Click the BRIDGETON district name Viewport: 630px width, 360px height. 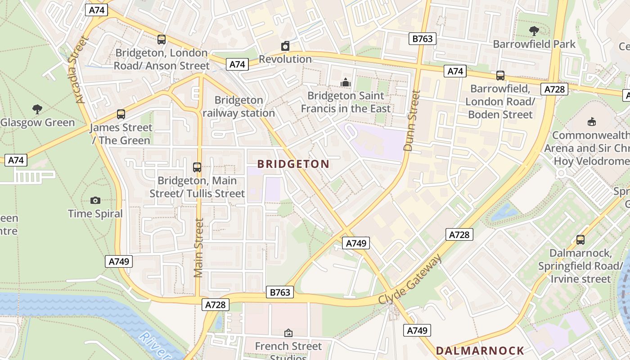coord(293,164)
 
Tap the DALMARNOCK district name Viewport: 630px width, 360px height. coord(480,351)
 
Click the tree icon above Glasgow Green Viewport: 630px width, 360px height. coord(37,109)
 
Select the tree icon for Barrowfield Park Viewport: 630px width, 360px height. coord(534,31)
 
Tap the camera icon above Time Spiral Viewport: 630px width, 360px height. coord(95,200)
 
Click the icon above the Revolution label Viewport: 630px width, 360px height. coord(285,46)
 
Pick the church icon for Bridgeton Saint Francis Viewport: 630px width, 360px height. coord(346,82)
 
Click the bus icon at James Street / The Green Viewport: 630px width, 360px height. coord(121,114)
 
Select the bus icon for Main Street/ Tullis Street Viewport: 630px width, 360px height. coord(197,167)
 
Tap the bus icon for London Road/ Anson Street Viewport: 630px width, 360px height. coord(162,40)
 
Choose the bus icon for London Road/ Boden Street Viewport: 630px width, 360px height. coord(500,76)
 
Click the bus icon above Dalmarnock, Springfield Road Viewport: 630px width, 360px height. coord(580,240)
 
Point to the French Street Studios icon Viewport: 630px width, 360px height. coord(288,333)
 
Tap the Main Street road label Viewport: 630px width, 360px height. coord(199,247)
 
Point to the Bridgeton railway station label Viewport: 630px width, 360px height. coord(238,107)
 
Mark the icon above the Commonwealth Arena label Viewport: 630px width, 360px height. coord(591,122)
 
